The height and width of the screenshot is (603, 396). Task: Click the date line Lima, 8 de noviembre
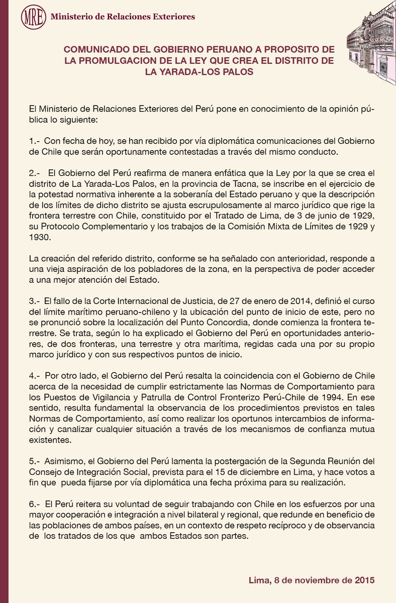coord(312,581)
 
